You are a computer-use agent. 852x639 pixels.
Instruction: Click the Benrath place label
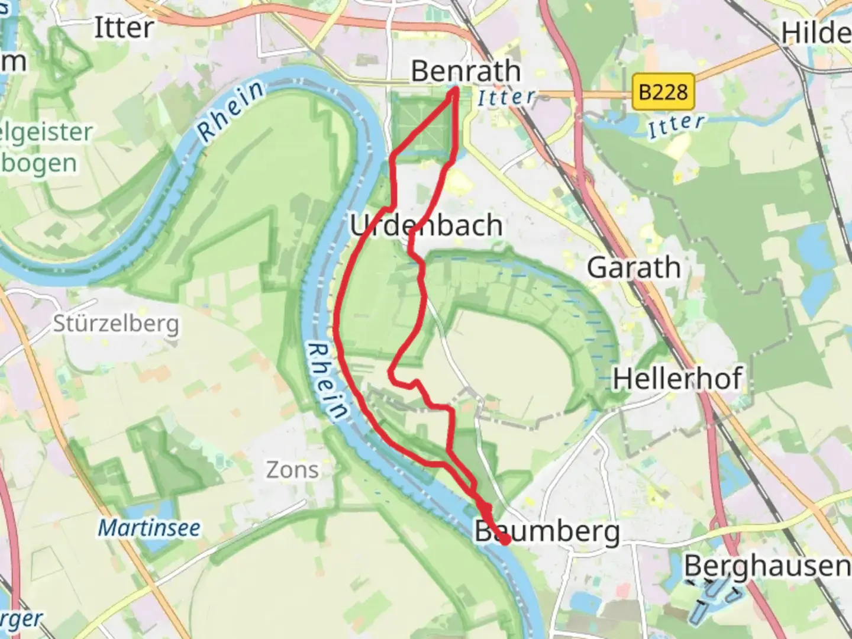pos(466,72)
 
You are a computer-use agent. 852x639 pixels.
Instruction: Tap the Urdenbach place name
pos(426,225)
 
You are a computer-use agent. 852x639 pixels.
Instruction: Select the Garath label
pos(634,267)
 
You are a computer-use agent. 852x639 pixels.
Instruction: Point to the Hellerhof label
pos(677,379)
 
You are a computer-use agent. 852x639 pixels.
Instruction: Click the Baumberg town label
pos(547,532)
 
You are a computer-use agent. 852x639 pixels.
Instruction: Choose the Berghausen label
pos(767,566)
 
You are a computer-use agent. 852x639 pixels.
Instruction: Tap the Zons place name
pos(292,470)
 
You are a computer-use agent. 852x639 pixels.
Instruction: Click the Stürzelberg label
pos(116,324)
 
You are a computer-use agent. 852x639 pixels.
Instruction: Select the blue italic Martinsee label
pos(149,528)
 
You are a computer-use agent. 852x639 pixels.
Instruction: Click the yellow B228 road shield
pos(663,92)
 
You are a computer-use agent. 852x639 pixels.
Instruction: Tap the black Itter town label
pos(124,28)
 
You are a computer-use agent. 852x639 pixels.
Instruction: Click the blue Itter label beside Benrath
pos(506,98)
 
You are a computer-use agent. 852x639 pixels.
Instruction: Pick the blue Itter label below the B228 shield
pos(676,126)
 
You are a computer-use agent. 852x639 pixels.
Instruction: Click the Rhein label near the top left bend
pos(231,111)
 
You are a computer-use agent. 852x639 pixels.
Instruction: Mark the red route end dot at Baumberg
pos(505,539)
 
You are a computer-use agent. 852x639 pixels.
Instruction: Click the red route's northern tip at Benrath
pos(456,91)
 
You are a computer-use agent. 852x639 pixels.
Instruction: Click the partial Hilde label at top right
pos(816,33)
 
